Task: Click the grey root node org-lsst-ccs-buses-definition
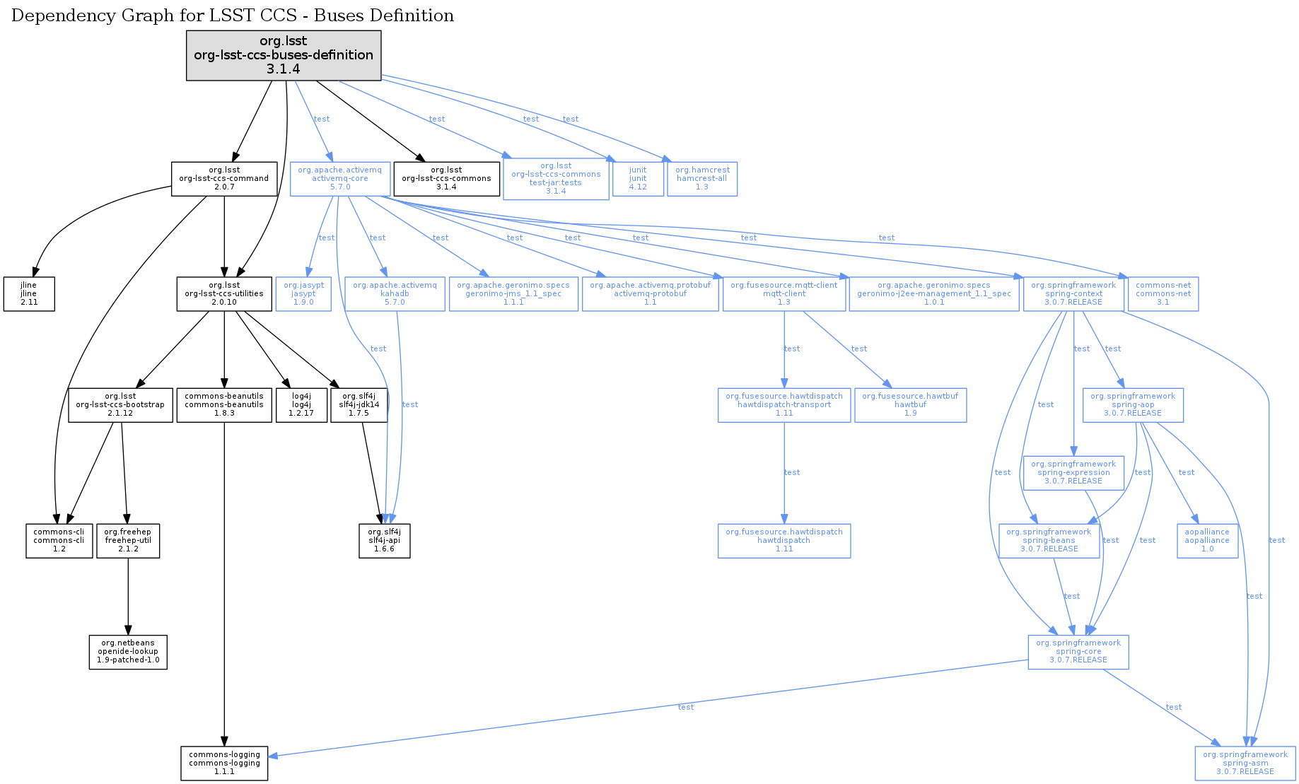pyautogui.click(x=284, y=55)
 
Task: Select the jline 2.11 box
pyautogui.click(x=29, y=293)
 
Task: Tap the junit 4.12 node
pyautogui.click(x=638, y=179)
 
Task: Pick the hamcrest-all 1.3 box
pyautogui.click(x=701, y=179)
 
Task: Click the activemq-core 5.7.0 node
pyautogui.click(x=340, y=179)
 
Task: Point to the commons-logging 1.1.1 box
pyautogui.click(x=224, y=763)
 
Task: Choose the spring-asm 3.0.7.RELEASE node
pyautogui.click(x=1245, y=763)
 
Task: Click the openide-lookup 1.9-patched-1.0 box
pyautogui.click(x=128, y=651)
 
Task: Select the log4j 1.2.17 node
pyautogui.click(x=301, y=404)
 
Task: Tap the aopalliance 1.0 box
pyautogui.click(x=1207, y=540)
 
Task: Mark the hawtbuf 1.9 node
pyautogui.click(x=910, y=404)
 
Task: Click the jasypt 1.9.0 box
pyautogui.click(x=303, y=293)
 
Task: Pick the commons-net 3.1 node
pyautogui.click(x=1163, y=293)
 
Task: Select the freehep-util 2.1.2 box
pyautogui.click(x=128, y=540)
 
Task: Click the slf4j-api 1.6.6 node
pyautogui.click(x=384, y=540)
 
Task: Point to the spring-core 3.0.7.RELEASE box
pyautogui.click(x=1078, y=651)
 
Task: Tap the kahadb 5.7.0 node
pyautogui.click(x=395, y=293)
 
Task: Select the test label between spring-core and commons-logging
pyautogui.click(x=685, y=707)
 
